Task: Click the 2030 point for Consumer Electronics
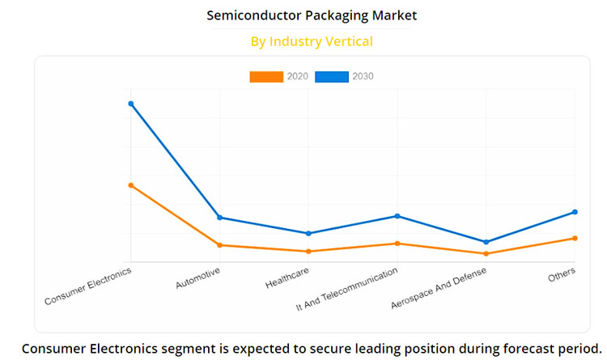(x=130, y=104)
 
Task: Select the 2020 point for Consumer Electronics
(x=130, y=185)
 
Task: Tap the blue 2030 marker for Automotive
(x=219, y=217)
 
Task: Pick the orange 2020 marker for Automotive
(x=219, y=245)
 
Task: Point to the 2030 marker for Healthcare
(x=308, y=233)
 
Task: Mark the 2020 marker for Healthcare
(x=308, y=252)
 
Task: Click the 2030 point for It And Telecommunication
(x=397, y=216)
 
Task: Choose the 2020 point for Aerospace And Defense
(x=486, y=254)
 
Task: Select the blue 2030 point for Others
(x=575, y=212)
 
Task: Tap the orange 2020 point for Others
(x=575, y=238)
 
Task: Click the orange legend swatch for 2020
(x=266, y=77)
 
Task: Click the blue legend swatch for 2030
(x=332, y=77)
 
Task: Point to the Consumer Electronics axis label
(x=88, y=287)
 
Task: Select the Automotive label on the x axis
(x=198, y=278)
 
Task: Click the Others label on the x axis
(x=562, y=273)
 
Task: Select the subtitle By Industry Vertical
(x=312, y=40)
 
